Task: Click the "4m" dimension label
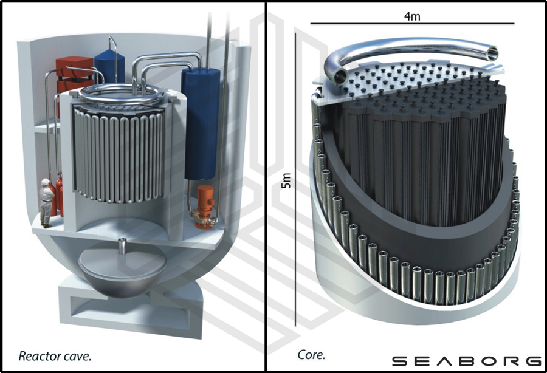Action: click(412, 16)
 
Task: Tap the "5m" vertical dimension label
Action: click(286, 180)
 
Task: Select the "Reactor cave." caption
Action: click(55, 356)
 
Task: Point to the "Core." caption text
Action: click(311, 355)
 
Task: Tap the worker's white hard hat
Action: click(46, 182)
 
